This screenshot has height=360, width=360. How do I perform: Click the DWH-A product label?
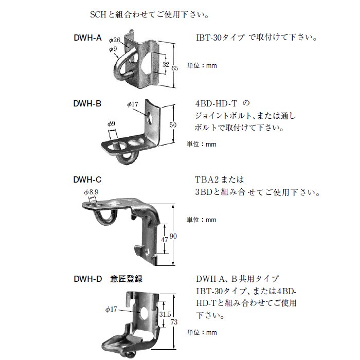coord(87,38)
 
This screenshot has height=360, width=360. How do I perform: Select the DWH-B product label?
coord(87,103)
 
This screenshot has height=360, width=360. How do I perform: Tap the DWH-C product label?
coord(87,179)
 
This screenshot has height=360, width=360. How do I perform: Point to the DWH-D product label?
coord(88,279)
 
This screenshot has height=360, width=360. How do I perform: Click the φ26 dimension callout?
coord(115,40)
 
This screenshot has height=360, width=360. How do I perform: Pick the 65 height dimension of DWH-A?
coord(175,68)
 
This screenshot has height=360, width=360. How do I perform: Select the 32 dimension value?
coord(166,64)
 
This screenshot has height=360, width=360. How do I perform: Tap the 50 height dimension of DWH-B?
coord(173,125)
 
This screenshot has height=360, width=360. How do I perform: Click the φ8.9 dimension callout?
coord(91,192)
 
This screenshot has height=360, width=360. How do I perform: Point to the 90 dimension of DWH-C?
coord(173,236)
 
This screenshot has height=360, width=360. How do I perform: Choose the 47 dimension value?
coord(165,240)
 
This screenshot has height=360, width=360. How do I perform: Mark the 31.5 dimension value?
coord(165,314)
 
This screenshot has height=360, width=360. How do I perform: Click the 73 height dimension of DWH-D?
coord(174,322)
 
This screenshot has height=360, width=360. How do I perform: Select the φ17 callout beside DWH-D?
coord(111,309)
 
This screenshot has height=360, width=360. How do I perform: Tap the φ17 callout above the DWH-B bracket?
coord(133,104)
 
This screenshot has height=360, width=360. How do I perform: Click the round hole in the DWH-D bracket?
coord(144,313)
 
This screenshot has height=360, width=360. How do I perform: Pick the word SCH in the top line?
coord(98,15)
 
